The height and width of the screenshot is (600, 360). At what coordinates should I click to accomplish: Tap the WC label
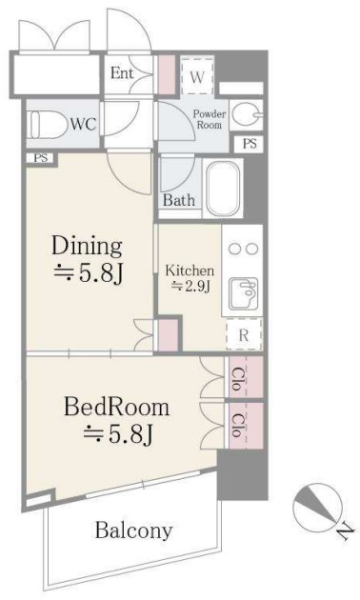coord(83,125)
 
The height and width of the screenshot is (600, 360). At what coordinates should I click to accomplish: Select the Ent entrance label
coord(122,72)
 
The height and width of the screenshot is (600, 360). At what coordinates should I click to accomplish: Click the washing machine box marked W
coord(197,76)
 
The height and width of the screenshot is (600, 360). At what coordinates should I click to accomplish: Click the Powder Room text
coord(210,119)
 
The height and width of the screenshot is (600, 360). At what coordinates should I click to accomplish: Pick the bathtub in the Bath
coord(223,189)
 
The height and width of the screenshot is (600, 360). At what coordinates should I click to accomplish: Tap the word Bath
coord(179,200)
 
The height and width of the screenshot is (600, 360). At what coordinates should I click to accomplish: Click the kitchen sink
coord(243,293)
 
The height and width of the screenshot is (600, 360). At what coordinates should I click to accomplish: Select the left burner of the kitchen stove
coord(233,250)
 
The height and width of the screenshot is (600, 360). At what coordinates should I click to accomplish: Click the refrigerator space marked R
coord(244,335)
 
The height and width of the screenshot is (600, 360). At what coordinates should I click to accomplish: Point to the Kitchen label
coord(190,270)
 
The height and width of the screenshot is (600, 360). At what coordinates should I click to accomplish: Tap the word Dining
coord(87,246)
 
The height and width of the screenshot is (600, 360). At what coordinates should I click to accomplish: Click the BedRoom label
coord(116,408)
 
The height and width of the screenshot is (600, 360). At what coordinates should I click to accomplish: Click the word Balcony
coord(133,530)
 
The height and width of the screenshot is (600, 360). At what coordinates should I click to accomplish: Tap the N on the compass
coord(345,530)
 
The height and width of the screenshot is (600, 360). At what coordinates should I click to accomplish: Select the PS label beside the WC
coord(41,158)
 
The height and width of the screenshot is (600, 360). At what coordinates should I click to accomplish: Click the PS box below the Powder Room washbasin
coord(250,144)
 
